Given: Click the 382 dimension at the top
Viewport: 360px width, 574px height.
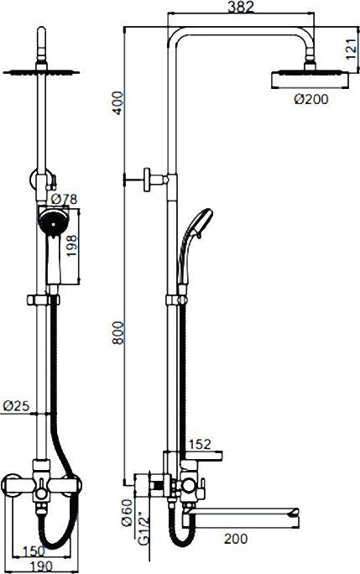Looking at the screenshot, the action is (x=241, y=8).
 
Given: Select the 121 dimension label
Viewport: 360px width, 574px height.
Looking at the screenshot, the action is (x=352, y=49).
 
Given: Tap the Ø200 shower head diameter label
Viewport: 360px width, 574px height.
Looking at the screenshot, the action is (x=311, y=99).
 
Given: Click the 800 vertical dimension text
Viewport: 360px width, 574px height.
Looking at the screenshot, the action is (x=118, y=332).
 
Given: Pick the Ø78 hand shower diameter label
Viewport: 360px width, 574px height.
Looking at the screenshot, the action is (x=64, y=199).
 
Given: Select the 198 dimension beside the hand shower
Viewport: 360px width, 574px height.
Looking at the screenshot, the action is (x=72, y=244).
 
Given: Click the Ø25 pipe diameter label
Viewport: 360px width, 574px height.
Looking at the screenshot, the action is (x=16, y=405).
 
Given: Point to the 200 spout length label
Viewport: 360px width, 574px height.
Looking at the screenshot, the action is (x=236, y=539).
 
